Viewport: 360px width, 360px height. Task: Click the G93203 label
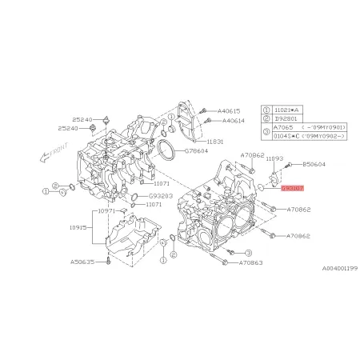pos(159,194)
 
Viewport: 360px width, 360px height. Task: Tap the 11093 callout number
pos(274,158)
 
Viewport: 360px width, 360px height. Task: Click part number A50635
pos(82,261)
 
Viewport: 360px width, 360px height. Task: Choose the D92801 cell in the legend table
pos(285,117)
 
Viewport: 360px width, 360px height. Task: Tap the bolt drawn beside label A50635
pos(106,261)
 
